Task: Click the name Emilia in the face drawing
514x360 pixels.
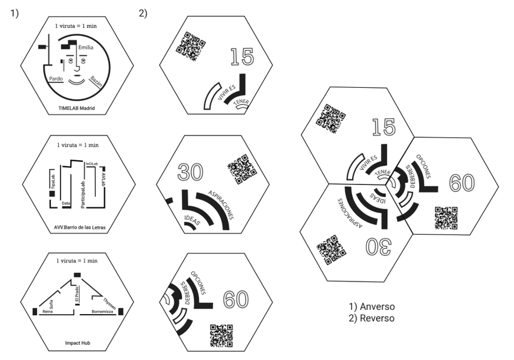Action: [x=85, y=48]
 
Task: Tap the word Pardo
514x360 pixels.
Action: [x=57, y=78]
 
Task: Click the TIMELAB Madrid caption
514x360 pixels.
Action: [x=77, y=108]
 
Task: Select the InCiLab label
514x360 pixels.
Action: [x=91, y=163]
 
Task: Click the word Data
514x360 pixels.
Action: [x=66, y=203]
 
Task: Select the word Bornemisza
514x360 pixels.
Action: [x=102, y=312]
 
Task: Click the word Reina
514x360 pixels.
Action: [x=48, y=312]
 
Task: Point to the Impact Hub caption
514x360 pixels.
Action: [x=77, y=342]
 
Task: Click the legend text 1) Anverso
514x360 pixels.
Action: [x=371, y=307]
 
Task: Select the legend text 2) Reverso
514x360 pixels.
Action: [x=371, y=318]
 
